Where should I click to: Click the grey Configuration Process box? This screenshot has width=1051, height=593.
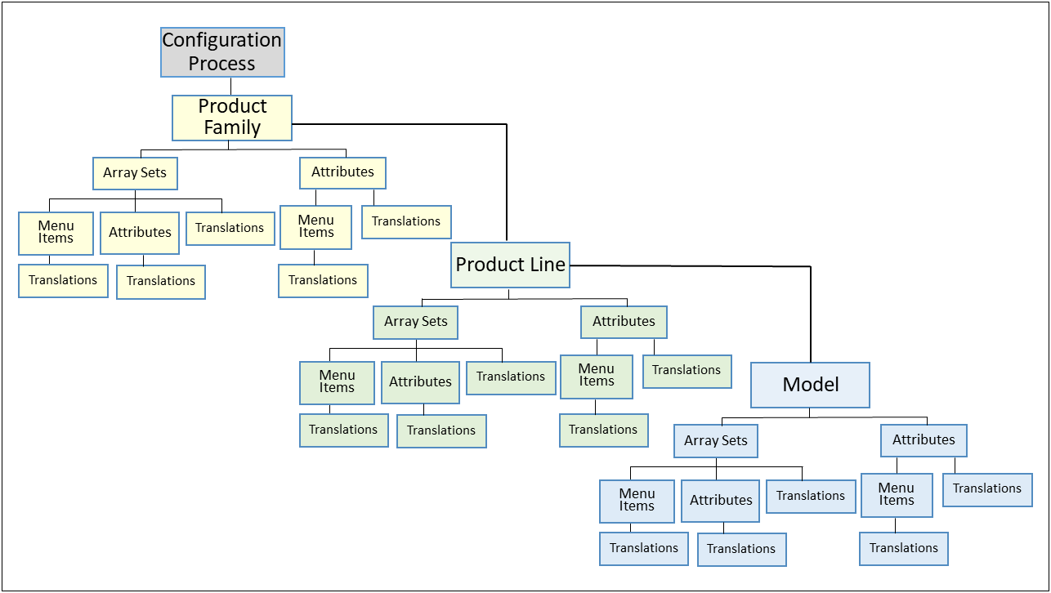click(222, 51)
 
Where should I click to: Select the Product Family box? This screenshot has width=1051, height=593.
click(232, 118)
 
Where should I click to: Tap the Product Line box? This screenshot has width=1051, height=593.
click(510, 265)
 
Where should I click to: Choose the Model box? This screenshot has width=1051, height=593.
click(810, 385)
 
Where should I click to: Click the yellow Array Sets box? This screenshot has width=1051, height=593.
click(135, 173)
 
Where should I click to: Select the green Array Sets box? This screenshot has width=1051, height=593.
click(415, 322)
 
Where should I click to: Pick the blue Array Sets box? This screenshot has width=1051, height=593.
click(716, 441)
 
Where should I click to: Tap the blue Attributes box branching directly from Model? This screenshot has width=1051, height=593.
click(924, 440)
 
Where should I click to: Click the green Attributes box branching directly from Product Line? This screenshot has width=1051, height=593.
click(624, 322)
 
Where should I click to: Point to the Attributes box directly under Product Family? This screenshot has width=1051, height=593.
click(342, 172)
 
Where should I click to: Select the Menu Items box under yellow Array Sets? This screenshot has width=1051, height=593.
click(56, 232)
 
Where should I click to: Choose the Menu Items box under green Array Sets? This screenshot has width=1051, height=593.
click(337, 381)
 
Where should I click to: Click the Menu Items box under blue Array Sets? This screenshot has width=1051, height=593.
click(637, 501)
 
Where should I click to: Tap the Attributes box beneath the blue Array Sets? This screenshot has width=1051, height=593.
click(721, 501)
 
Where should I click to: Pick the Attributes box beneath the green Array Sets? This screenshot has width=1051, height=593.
click(420, 382)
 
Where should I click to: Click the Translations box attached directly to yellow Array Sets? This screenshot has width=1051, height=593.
click(230, 228)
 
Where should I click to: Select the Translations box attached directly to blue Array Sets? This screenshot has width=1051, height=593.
click(811, 496)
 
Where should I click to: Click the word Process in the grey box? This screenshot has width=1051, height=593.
click(222, 64)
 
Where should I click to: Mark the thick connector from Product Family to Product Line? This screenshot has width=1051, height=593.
click(507, 180)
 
